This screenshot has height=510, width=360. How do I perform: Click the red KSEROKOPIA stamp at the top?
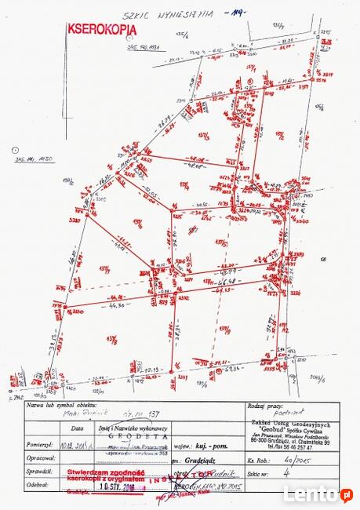[x=101, y=28]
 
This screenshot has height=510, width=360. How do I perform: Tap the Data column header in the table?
[x=77, y=428]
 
